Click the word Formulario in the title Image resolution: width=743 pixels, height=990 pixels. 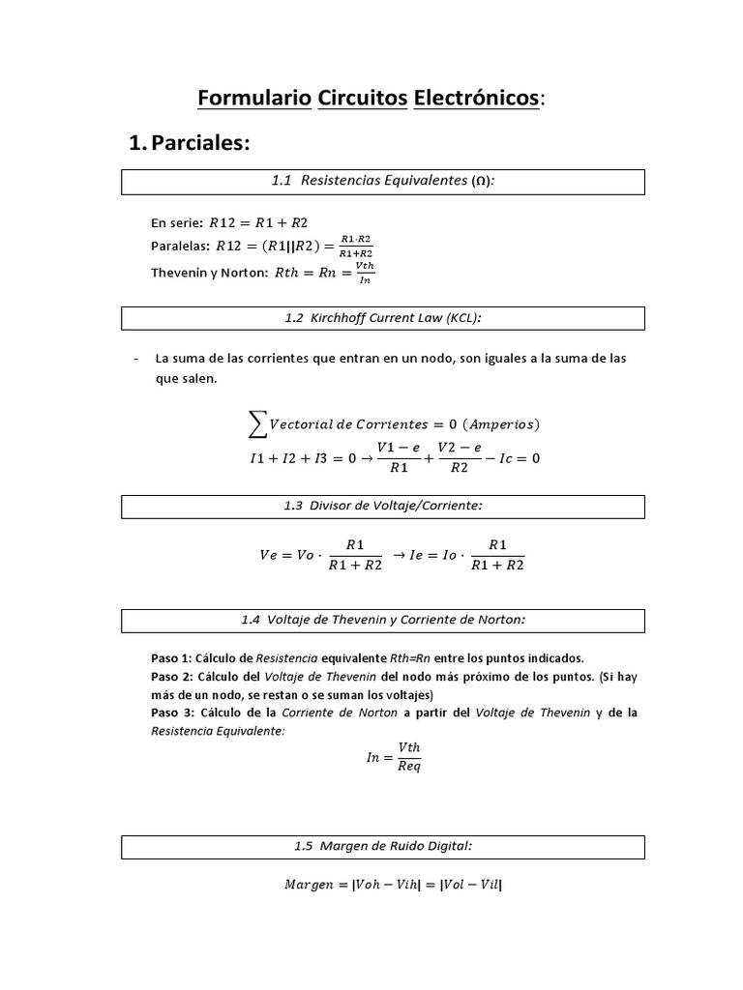253,99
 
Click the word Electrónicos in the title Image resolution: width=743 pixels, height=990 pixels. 475,99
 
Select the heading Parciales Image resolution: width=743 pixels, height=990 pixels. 199,144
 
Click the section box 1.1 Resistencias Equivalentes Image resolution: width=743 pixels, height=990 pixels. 382,182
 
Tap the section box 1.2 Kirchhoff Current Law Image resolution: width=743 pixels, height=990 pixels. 382,318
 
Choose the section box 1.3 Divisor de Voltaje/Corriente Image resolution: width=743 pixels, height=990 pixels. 382,507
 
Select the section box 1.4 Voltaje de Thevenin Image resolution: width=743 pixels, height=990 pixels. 382,621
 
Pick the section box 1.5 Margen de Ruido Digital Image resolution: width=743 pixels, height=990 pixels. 382,847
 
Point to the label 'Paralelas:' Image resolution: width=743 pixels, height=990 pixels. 180,247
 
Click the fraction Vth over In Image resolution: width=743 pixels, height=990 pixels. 364,273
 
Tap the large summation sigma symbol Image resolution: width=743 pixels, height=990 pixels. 257,423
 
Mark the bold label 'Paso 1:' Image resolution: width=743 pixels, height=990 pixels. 172,657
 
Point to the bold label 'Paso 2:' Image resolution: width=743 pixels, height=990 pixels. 172,676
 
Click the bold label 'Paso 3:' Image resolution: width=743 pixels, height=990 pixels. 172,713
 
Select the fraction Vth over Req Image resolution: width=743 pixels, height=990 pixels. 407,757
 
